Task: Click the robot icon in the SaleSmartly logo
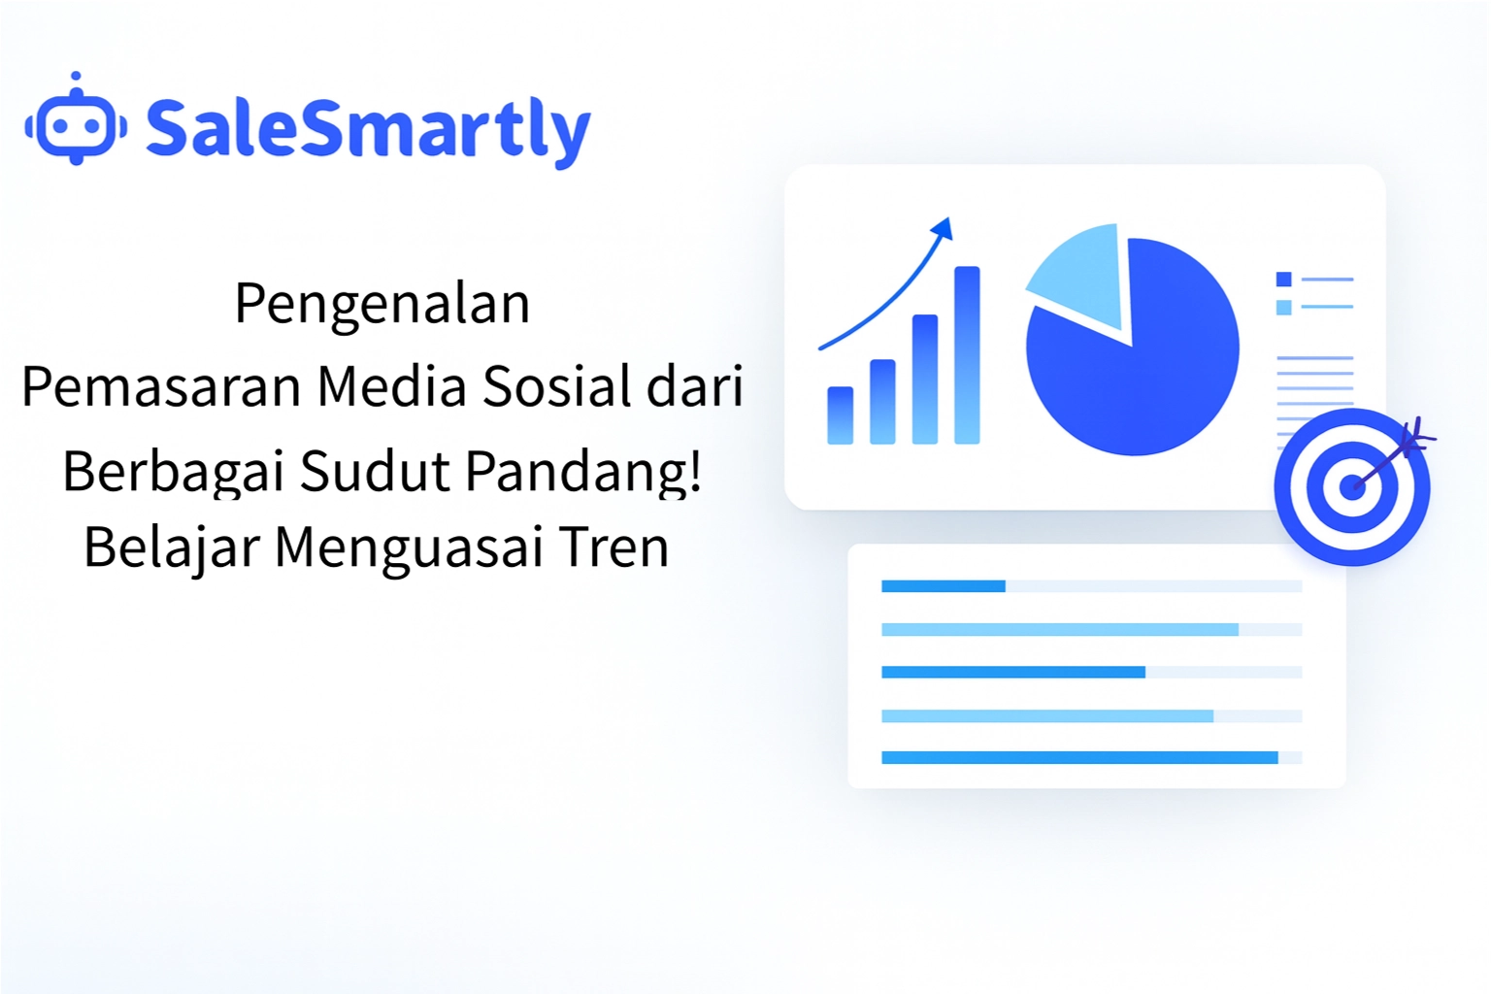(76, 124)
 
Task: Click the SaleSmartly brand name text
(367, 130)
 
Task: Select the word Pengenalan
(382, 304)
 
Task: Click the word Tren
(613, 547)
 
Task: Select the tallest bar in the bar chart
(967, 355)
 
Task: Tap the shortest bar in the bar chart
(840, 415)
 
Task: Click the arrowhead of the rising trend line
(943, 229)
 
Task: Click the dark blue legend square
(1283, 280)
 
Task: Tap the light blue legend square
(1283, 308)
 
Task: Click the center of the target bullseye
(1351, 486)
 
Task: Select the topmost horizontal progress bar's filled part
(943, 586)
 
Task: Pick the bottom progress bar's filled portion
(1078, 758)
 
